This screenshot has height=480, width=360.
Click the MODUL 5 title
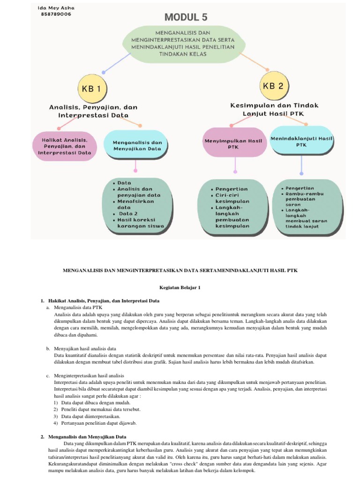(x=185, y=18)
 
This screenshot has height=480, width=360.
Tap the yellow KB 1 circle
(x=92, y=88)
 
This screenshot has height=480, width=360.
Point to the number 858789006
(x=56, y=14)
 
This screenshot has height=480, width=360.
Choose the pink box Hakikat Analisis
(x=65, y=146)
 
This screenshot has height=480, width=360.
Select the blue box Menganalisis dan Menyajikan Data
(x=137, y=146)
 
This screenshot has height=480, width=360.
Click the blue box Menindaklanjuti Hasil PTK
(x=301, y=142)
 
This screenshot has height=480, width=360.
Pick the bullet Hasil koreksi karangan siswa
(x=140, y=223)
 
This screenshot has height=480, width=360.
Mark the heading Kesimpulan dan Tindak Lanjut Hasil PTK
(x=274, y=109)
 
